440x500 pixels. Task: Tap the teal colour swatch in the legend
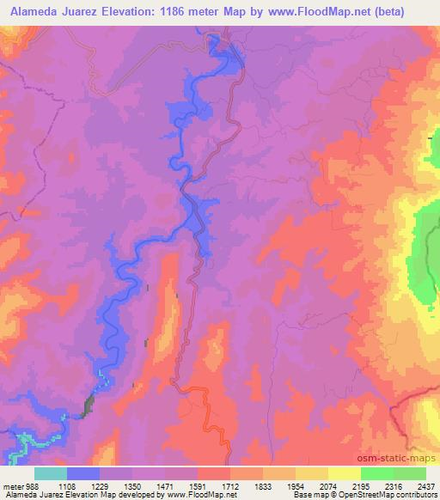pos(51,473)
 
